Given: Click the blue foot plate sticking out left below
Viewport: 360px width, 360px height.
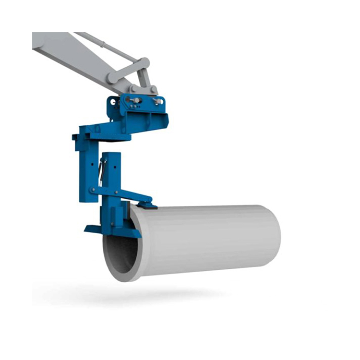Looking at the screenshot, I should (92, 228).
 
